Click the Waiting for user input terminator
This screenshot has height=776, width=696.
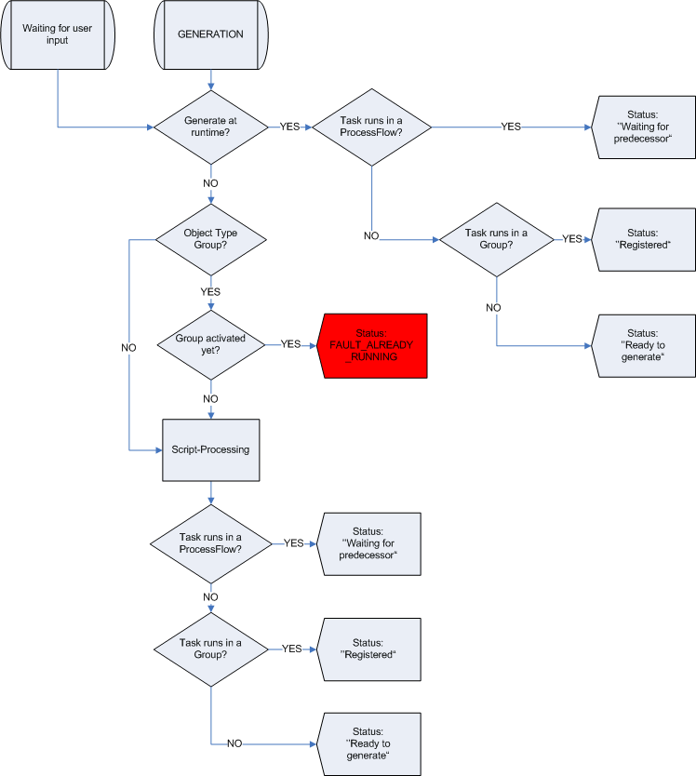(x=58, y=34)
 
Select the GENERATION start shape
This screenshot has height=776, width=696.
(x=211, y=34)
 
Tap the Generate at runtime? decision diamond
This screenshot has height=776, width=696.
(x=211, y=127)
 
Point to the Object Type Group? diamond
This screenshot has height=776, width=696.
(x=211, y=239)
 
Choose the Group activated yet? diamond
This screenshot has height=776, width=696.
(x=211, y=345)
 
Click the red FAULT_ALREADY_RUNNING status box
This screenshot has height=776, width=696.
(x=372, y=346)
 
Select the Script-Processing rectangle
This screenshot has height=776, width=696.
(x=211, y=450)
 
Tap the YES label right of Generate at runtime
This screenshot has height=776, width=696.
(x=289, y=127)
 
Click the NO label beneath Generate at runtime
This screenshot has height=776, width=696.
(x=210, y=183)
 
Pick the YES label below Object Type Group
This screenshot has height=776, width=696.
(x=210, y=291)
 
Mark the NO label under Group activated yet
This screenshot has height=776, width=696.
(x=210, y=399)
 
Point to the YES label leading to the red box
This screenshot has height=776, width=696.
(x=290, y=344)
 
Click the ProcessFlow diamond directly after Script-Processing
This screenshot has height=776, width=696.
(x=211, y=544)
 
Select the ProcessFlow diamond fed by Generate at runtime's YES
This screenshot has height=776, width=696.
(x=372, y=127)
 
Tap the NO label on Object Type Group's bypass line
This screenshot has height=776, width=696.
(x=128, y=348)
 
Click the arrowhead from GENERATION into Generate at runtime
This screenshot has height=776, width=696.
(x=211, y=87)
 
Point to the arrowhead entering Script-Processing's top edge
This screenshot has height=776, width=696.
(x=211, y=416)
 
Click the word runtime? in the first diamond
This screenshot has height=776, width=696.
(x=210, y=133)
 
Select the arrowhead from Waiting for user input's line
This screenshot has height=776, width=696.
(x=150, y=127)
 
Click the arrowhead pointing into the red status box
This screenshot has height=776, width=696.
(x=313, y=345)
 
